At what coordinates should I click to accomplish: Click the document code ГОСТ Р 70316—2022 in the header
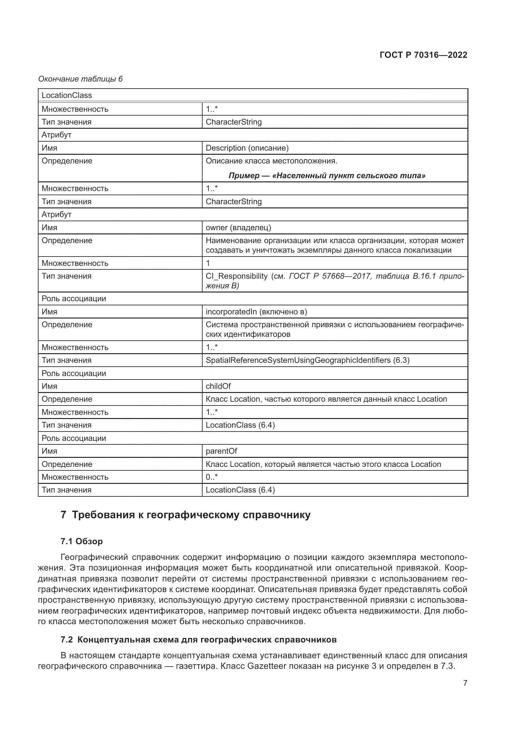click(x=423, y=55)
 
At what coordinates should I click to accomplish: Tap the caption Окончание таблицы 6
click(x=80, y=79)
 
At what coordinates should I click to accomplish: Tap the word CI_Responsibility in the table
click(x=236, y=276)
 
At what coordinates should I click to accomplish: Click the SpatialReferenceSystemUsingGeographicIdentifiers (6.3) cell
click(x=307, y=360)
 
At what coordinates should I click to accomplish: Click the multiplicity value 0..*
click(x=212, y=477)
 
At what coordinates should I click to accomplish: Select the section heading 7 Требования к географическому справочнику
click(x=185, y=515)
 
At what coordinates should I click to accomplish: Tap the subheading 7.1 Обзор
click(x=82, y=541)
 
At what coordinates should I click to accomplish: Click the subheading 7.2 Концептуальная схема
click(x=198, y=640)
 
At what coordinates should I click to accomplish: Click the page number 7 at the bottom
click(x=465, y=683)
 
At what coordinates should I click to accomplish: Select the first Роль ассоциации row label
click(x=74, y=298)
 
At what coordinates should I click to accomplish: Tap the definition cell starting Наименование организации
click(x=335, y=245)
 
